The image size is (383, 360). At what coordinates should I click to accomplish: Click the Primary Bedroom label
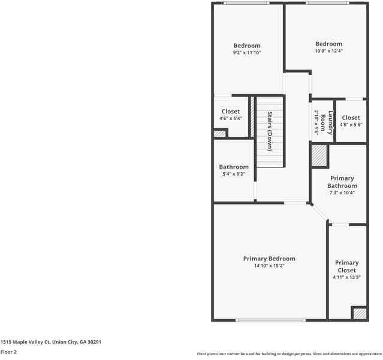269,259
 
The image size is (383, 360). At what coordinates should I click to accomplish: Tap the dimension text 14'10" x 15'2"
269,266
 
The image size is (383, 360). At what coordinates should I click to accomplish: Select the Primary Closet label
346,266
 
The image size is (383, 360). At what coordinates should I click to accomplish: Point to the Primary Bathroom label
342,182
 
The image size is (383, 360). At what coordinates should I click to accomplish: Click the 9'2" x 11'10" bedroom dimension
247,53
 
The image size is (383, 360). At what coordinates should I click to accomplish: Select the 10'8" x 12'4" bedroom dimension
329,51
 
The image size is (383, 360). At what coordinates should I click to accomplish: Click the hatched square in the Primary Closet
358,313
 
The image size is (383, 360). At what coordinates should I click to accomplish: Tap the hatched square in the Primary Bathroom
319,156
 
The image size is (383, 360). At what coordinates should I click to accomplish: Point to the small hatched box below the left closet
220,133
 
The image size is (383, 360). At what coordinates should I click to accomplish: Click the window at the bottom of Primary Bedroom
263,320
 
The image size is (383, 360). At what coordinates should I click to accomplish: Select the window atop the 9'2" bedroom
246,3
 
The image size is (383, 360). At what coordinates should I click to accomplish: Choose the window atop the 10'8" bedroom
327,3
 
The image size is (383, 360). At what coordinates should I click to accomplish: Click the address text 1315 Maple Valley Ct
50,342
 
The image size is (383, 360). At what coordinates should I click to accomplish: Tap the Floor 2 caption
8,352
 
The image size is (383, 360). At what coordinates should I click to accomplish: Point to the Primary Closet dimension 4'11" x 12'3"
346,278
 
